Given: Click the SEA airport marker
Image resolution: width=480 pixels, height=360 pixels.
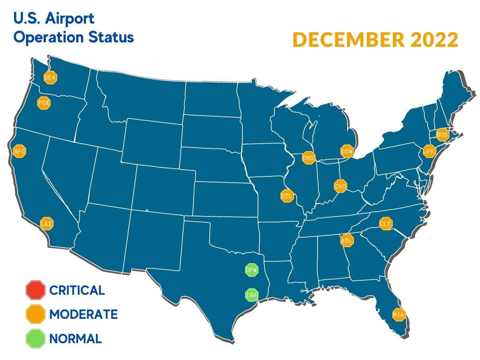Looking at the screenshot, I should pyautogui.click(x=50, y=78).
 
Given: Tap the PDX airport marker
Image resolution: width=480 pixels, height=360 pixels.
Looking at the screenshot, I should pyautogui.click(x=44, y=103).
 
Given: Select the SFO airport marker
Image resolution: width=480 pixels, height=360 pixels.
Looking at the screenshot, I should pyautogui.click(x=19, y=152).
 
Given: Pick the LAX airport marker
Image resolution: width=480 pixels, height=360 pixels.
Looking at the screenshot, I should pyautogui.click(x=47, y=224).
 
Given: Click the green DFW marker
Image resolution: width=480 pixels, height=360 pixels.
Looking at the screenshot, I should pyautogui.click(x=252, y=270).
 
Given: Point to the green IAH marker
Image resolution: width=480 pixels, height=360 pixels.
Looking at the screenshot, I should pyautogui.click(x=251, y=295).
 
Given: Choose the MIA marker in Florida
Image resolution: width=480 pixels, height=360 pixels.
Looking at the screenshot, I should pyautogui.click(x=398, y=315).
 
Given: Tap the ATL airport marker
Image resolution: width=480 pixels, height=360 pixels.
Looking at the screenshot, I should pyautogui.click(x=346, y=241).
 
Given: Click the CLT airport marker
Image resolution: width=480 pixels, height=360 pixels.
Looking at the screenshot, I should pyautogui.click(x=386, y=224).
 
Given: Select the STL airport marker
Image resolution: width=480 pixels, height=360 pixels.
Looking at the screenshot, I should pyautogui.click(x=287, y=196).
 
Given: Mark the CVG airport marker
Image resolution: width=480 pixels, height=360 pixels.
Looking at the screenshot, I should pyautogui.click(x=340, y=186).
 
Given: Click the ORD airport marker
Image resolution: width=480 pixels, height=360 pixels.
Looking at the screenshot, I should pyautogui.click(x=308, y=158).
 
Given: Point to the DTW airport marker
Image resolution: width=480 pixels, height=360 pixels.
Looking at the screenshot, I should pyautogui.click(x=346, y=151).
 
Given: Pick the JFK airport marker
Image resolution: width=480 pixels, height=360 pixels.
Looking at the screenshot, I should pyautogui.click(x=429, y=151).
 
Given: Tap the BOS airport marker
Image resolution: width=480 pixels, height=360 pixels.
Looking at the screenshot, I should pyautogui.click(x=442, y=135).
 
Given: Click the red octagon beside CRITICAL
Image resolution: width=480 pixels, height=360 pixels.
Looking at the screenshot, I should pyautogui.click(x=36, y=290).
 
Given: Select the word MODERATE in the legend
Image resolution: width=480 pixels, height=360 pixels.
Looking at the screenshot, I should pyautogui.click(x=83, y=314).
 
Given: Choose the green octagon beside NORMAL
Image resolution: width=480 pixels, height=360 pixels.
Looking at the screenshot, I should pyautogui.click(x=36, y=339).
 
